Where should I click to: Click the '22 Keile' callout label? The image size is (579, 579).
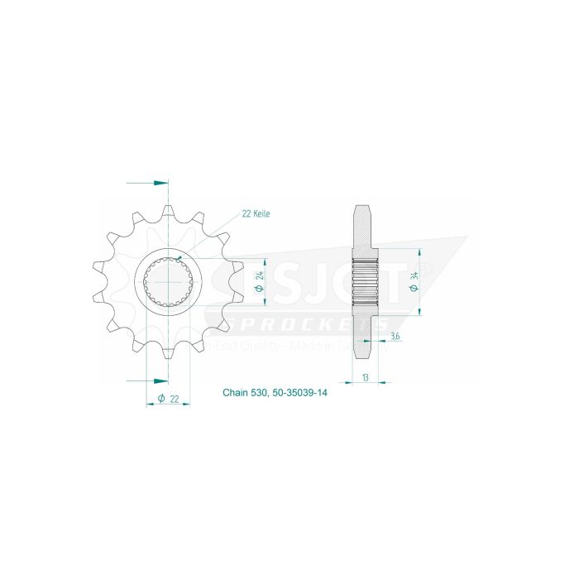(x=256, y=213)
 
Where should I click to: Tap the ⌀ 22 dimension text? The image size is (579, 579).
(x=170, y=400)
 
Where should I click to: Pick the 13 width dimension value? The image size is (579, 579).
(x=365, y=376)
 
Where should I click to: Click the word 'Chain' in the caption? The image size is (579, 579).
(x=235, y=394)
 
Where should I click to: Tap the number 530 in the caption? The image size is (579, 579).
(x=258, y=394)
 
